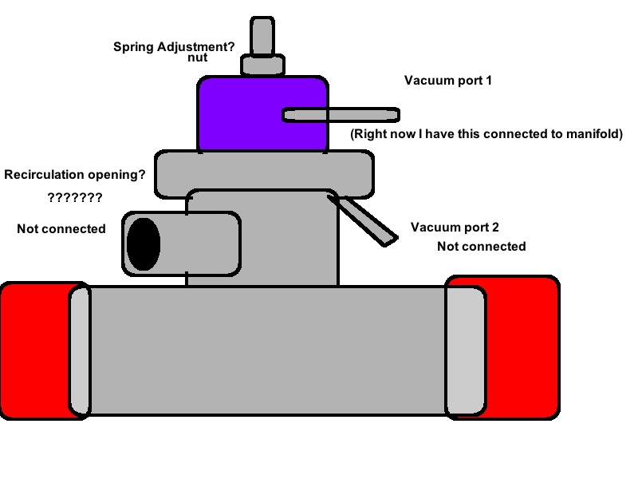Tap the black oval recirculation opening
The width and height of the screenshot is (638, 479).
tap(144, 243)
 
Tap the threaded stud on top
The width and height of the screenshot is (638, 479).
tap(262, 35)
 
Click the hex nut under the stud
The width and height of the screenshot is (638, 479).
tap(262, 64)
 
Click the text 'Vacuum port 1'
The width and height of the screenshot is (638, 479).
tap(454, 81)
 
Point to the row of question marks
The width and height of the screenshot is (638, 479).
tap(74, 197)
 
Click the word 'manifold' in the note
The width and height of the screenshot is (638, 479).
tap(590, 134)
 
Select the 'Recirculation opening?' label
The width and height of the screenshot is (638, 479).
tap(75, 174)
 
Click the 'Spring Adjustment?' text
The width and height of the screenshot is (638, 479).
tap(175, 46)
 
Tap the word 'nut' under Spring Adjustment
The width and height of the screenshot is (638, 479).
tap(197, 58)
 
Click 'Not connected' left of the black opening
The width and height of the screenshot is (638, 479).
tap(61, 229)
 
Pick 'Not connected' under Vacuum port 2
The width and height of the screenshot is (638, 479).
tap(481, 246)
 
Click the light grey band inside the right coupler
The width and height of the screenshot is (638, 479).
tap(464, 351)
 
